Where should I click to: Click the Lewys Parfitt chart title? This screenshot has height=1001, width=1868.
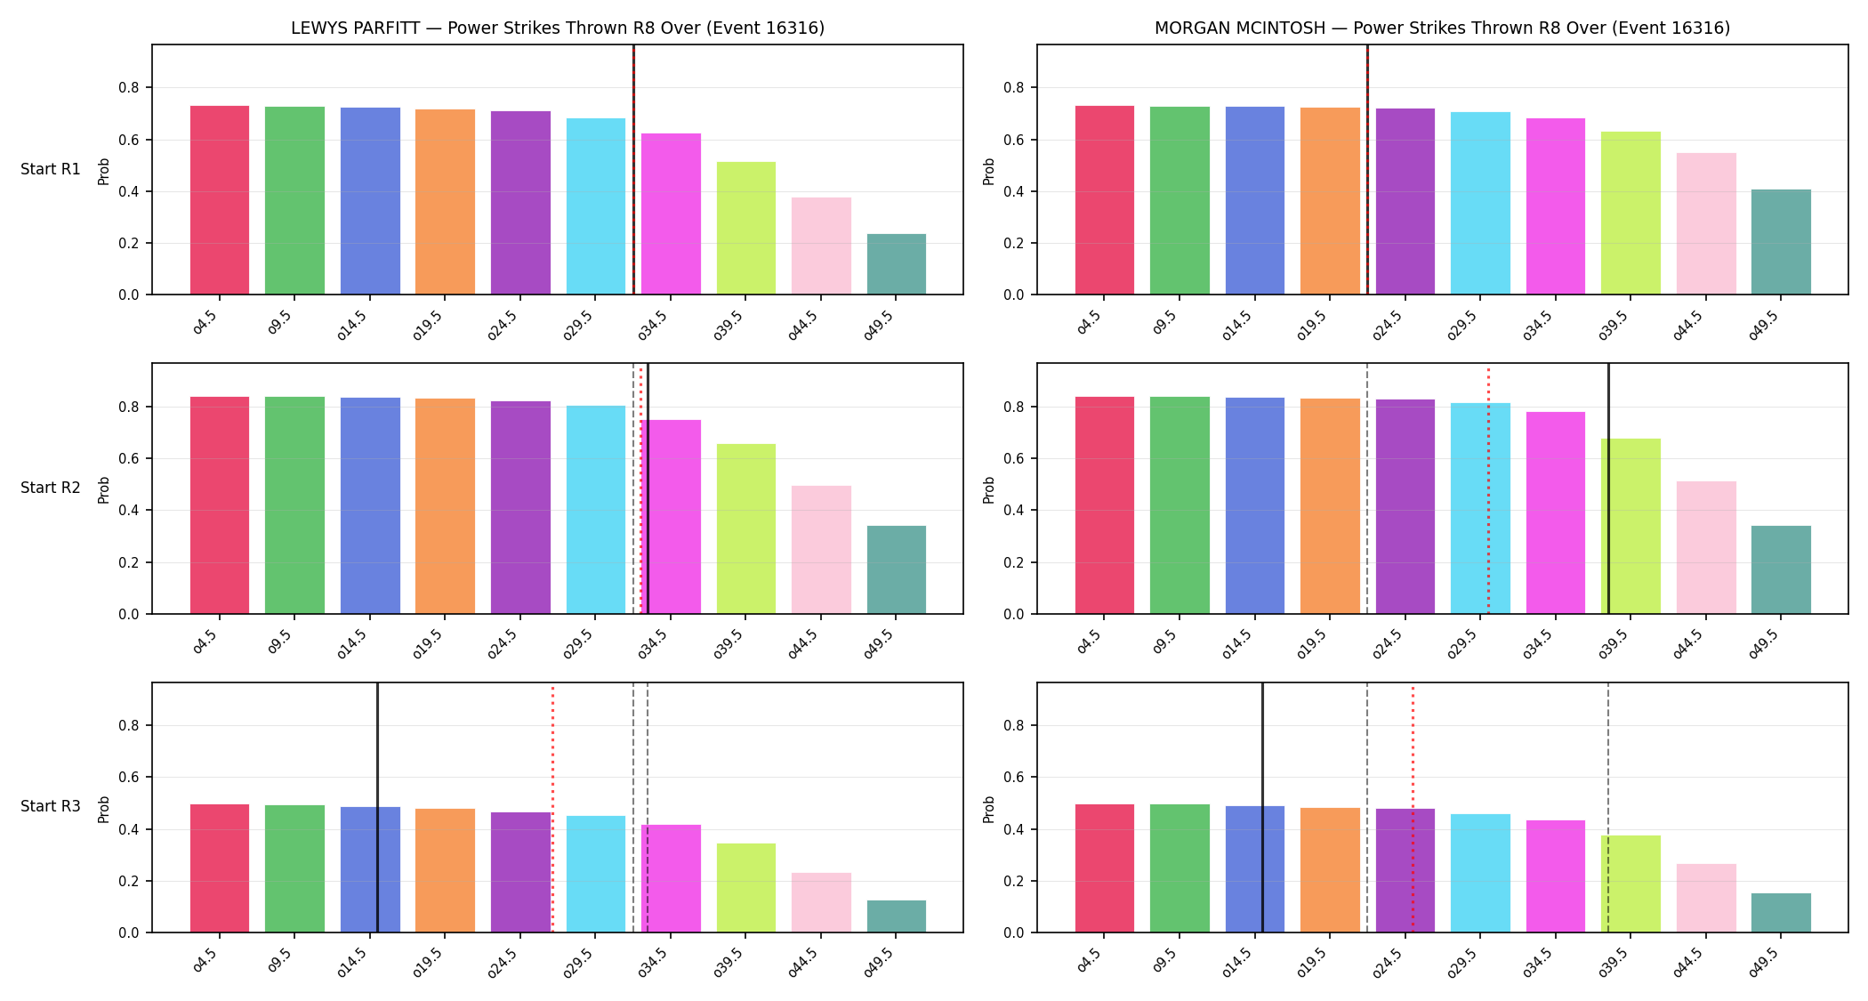point(558,28)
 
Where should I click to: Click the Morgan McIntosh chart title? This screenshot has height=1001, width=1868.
point(1442,28)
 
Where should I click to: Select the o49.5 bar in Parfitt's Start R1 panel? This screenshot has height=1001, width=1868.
point(897,264)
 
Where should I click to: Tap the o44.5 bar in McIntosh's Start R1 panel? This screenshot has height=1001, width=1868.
point(1706,223)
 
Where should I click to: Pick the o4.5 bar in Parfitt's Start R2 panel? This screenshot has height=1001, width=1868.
point(220,505)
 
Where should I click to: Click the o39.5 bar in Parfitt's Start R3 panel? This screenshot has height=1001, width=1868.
point(746,888)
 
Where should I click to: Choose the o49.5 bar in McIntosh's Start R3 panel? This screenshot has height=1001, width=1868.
point(1781,913)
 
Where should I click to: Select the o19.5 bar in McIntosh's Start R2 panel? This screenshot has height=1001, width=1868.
point(1330,506)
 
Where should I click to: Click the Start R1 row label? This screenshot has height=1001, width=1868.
point(51,169)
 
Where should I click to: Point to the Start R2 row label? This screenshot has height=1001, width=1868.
point(51,488)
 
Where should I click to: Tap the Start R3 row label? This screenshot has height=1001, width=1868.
point(51,806)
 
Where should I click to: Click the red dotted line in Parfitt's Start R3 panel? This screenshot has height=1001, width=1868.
point(552,808)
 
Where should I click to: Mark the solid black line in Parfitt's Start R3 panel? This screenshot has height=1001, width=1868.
point(377,808)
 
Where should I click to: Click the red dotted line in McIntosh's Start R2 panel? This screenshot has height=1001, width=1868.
point(1488,488)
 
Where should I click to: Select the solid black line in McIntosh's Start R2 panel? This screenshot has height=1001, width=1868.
point(1608,488)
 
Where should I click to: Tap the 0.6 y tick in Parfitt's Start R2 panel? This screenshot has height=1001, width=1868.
point(129,459)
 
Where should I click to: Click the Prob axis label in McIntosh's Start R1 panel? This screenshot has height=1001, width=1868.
point(989,171)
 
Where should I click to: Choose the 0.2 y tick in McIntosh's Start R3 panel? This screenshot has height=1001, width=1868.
point(1014,881)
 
